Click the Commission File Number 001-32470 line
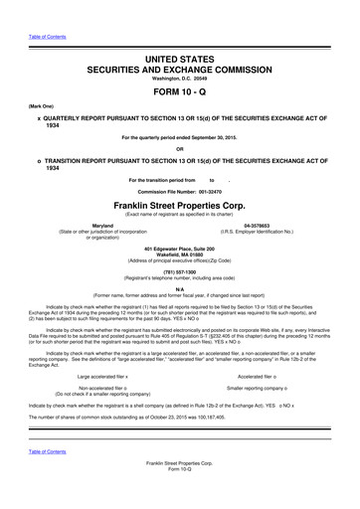point(179,189)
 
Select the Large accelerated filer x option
point(102,377)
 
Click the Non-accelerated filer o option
point(102,389)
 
